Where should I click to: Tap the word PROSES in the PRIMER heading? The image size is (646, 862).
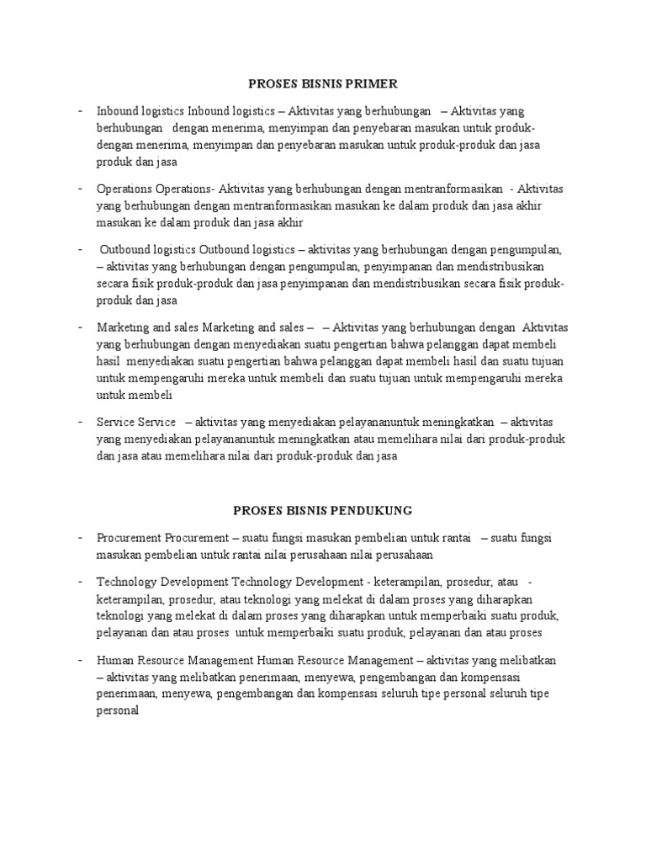coord(271,83)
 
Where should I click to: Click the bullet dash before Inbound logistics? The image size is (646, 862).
coord(78,111)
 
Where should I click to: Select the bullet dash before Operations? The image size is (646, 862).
coord(78,189)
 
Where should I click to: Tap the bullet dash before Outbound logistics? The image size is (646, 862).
coord(78,250)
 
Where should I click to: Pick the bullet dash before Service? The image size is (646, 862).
coord(78,421)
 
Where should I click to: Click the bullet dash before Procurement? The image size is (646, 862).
coord(78,537)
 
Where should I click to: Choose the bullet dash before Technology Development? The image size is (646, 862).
coord(78,582)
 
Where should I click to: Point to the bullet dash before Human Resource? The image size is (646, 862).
coord(78,660)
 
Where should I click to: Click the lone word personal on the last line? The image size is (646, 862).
coord(117,709)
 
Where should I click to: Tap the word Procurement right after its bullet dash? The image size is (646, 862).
coord(129,537)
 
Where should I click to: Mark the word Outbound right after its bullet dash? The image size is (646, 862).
coord(125,250)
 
